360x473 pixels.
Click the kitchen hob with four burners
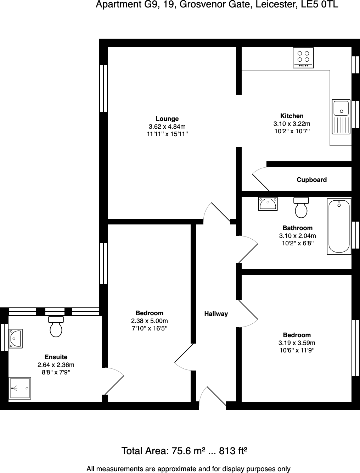pyautogui.click(x=303, y=57)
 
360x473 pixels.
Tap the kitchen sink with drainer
pyautogui.click(x=341, y=117)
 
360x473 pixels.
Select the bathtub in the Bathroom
pyautogui.click(x=339, y=226)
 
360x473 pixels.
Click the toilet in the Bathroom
pyautogui.click(x=301, y=207)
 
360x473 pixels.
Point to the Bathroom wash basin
pyautogui.click(x=268, y=204)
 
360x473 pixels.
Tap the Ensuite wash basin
pyautogui.click(x=16, y=339)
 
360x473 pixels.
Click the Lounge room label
pyautogui.click(x=167, y=119)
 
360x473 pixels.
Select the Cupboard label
pyautogui.click(x=311, y=180)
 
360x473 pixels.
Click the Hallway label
pyautogui.click(x=216, y=314)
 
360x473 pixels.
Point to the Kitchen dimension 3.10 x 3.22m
pyautogui.click(x=292, y=124)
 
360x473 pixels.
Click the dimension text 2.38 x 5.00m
pyautogui.click(x=150, y=321)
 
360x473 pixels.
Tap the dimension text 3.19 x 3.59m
pyautogui.click(x=297, y=343)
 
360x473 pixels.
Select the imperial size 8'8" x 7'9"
pyautogui.click(x=56, y=372)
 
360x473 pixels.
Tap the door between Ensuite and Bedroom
pyautogui.click(x=113, y=381)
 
